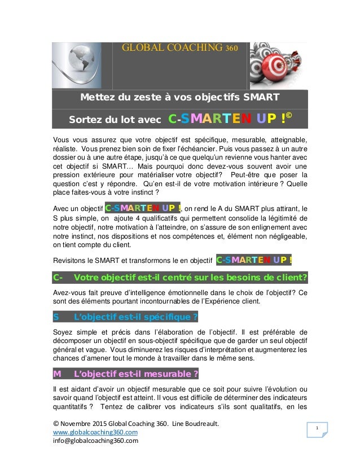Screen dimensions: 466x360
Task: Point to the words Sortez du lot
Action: point(100,120)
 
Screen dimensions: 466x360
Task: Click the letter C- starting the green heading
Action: point(59,277)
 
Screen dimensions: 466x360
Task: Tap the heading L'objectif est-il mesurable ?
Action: point(135,373)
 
